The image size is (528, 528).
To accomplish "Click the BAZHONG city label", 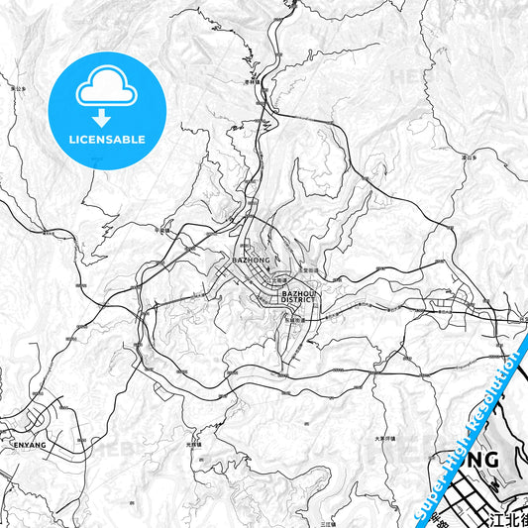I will (250, 260).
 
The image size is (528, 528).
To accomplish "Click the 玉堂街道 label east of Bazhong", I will (311, 269).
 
